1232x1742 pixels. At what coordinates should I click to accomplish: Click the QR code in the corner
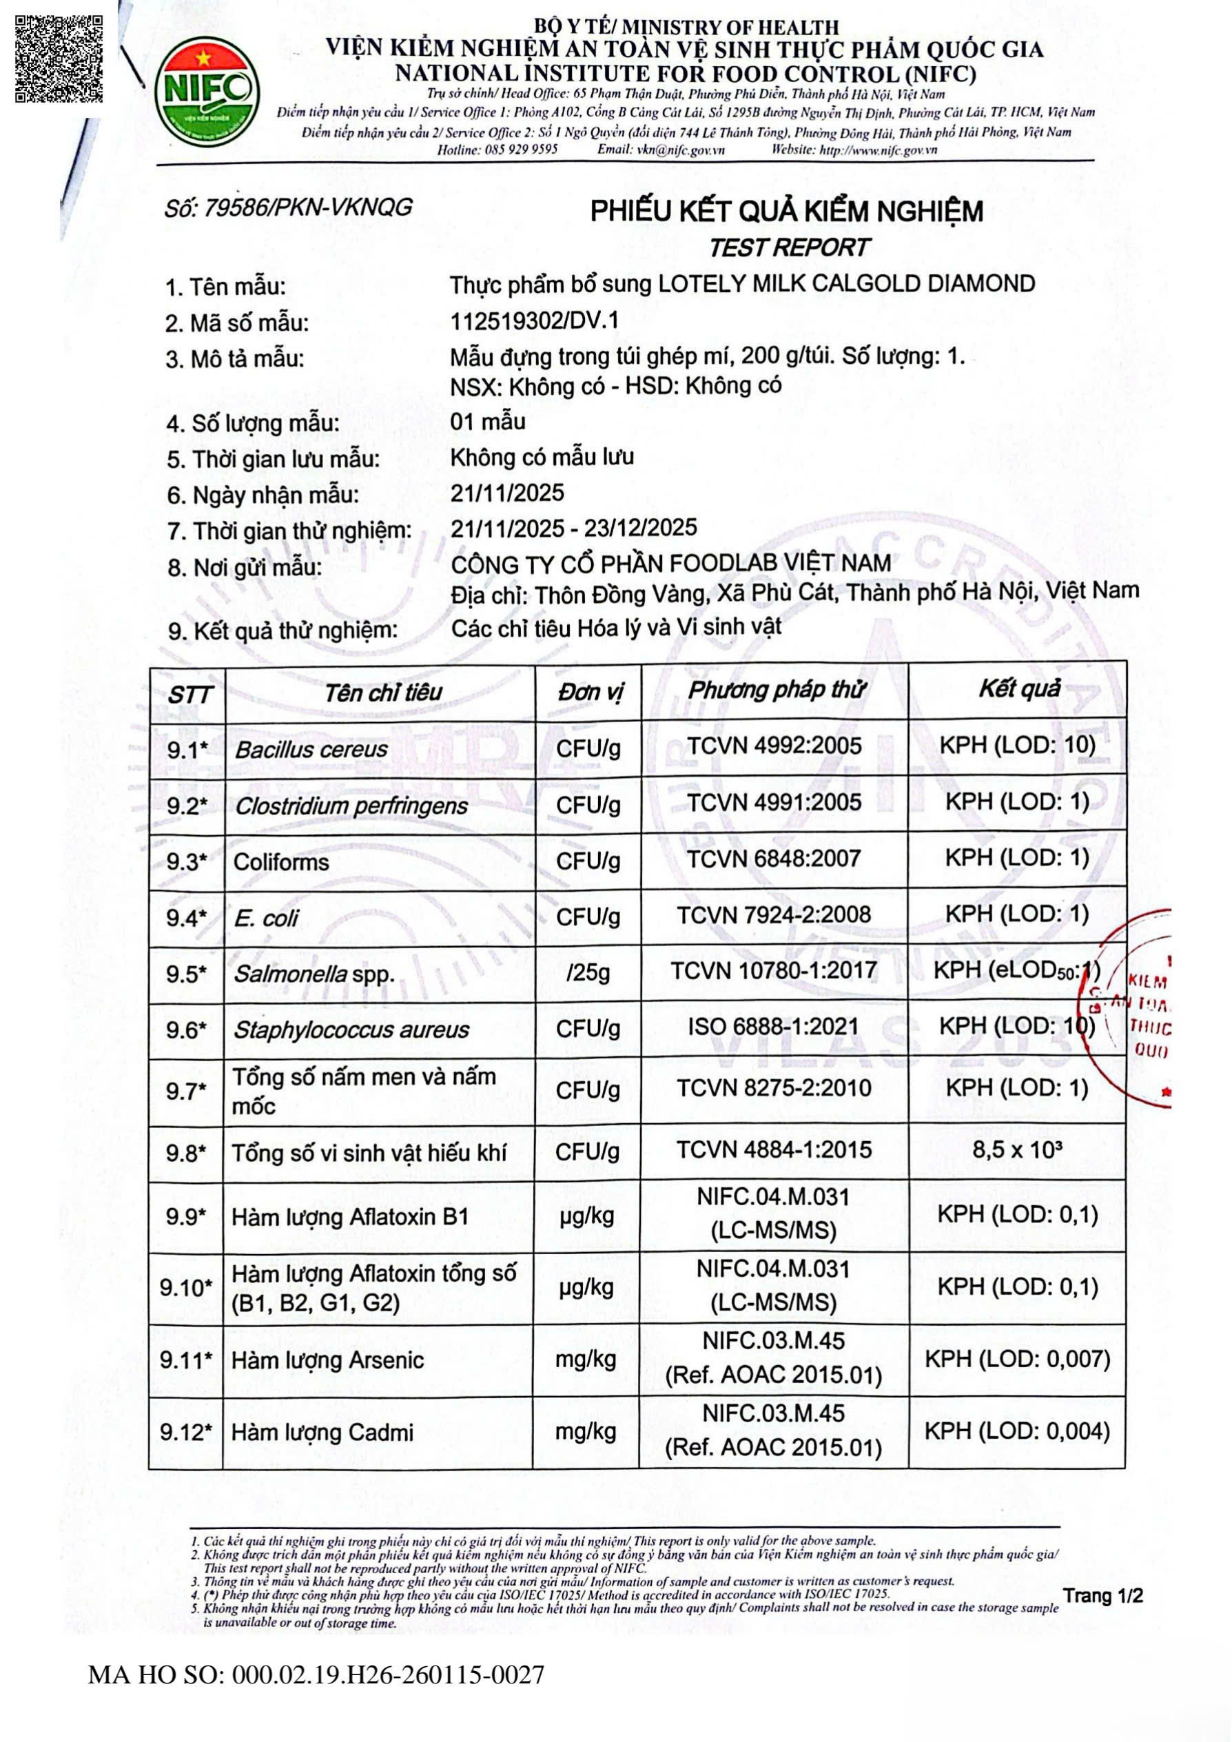click(59, 59)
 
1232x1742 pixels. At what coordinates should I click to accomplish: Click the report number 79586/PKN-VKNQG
click(288, 207)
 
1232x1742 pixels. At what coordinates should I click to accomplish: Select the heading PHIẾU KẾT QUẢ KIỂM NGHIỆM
click(787, 212)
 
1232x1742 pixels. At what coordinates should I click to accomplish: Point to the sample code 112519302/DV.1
click(534, 321)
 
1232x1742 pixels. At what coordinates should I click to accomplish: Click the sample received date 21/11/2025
click(506, 493)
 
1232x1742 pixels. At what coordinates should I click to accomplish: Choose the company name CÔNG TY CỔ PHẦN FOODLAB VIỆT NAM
click(670, 564)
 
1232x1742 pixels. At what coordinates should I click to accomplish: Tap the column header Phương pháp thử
click(775, 690)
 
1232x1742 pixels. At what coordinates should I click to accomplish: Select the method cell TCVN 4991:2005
click(774, 803)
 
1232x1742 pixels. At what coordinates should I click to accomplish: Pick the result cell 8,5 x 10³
click(1016, 1150)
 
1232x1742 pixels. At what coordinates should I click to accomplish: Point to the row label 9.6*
click(187, 1030)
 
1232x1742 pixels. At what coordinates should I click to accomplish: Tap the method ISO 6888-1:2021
click(774, 1027)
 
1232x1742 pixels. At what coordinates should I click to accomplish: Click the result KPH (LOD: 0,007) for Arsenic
click(1016, 1359)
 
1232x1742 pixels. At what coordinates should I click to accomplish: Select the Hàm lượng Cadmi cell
click(322, 1433)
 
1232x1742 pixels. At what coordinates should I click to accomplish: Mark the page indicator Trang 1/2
click(1102, 1595)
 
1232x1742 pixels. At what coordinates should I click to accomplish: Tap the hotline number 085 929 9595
click(520, 150)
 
